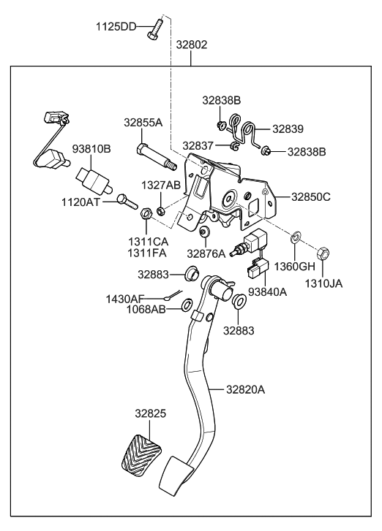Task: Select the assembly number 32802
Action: [x=192, y=45]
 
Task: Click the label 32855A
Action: [x=143, y=123]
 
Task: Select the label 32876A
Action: [x=207, y=253]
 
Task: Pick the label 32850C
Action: [x=311, y=196]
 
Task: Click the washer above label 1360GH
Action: [x=296, y=237]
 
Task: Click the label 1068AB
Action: [x=146, y=309]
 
